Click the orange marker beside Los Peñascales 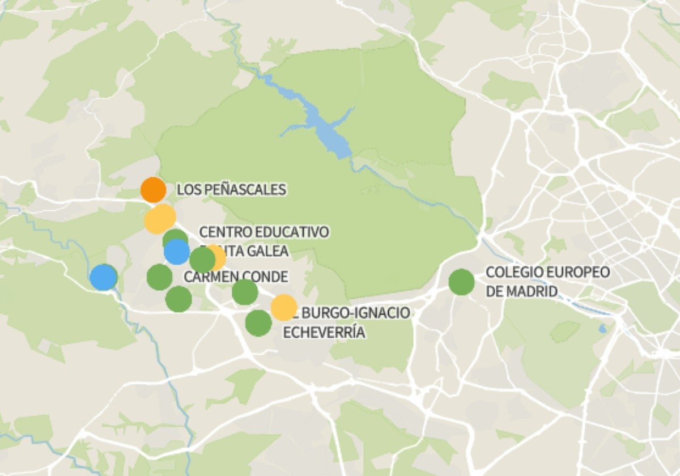(x=153, y=190)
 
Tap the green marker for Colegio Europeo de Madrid (x=461, y=282)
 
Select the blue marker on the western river (x=104, y=277)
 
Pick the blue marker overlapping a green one (x=177, y=252)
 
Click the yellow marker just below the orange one (x=160, y=219)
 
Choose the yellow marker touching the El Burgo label (x=283, y=307)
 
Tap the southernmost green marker (x=258, y=323)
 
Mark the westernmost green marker (x=159, y=277)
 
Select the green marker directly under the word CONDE (x=245, y=292)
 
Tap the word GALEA (x=266, y=251)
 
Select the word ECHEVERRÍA (x=324, y=332)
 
